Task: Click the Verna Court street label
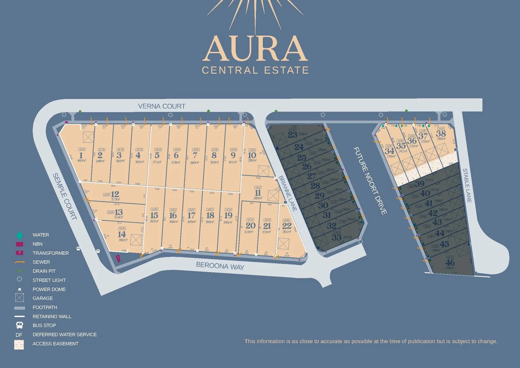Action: click(x=161, y=106)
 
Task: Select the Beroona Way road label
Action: click(x=220, y=266)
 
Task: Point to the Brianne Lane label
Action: click(x=288, y=193)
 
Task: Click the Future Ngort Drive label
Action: click(x=370, y=181)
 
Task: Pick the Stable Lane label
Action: click(x=467, y=186)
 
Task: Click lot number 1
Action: click(x=81, y=155)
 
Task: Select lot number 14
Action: click(x=122, y=234)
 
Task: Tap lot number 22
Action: click(x=287, y=226)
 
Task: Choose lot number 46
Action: click(x=450, y=263)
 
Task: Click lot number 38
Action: click(x=441, y=134)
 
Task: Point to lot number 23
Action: click(x=292, y=135)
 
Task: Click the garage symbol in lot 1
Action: click(x=88, y=137)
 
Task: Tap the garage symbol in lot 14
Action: click(x=136, y=240)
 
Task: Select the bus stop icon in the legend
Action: click(x=19, y=325)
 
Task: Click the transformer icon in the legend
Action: click(x=19, y=253)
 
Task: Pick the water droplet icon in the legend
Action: click(x=19, y=235)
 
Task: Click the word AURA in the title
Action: click(x=255, y=49)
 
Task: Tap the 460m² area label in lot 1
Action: click(x=82, y=160)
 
